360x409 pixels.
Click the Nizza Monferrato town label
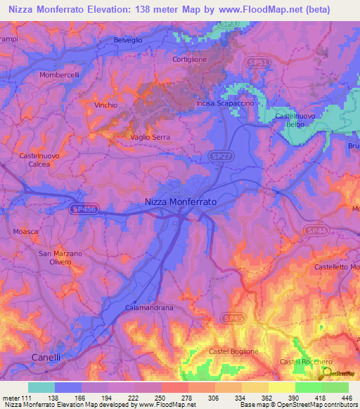(180, 201)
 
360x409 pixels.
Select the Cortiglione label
(190, 60)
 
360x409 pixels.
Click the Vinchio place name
(105, 105)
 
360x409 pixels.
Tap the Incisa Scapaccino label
(224, 104)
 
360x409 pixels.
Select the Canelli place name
(46, 357)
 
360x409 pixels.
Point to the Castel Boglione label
(233, 351)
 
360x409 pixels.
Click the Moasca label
(26, 231)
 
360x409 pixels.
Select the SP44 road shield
(316, 231)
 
